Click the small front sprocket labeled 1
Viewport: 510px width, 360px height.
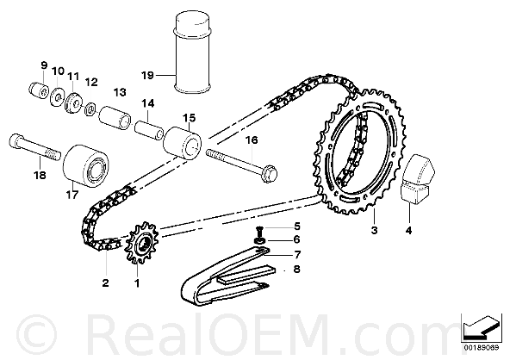tap(142, 244)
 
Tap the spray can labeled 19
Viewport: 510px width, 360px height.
tap(193, 53)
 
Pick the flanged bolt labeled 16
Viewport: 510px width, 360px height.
tap(241, 164)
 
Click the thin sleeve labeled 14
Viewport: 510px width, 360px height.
tap(149, 131)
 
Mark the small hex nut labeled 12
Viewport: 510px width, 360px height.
tap(90, 109)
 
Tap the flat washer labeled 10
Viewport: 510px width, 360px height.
tap(57, 96)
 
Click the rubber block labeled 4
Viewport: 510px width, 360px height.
tap(417, 179)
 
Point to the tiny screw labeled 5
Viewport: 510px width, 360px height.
tap(260, 231)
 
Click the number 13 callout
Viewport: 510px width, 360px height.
tap(120, 92)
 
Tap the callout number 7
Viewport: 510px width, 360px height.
tap(297, 255)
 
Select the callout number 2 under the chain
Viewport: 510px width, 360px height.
tap(105, 282)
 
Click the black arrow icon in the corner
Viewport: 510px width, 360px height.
tap(480, 326)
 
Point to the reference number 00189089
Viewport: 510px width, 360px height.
tap(481, 348)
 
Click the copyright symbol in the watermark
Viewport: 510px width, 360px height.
tap(36, 334)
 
